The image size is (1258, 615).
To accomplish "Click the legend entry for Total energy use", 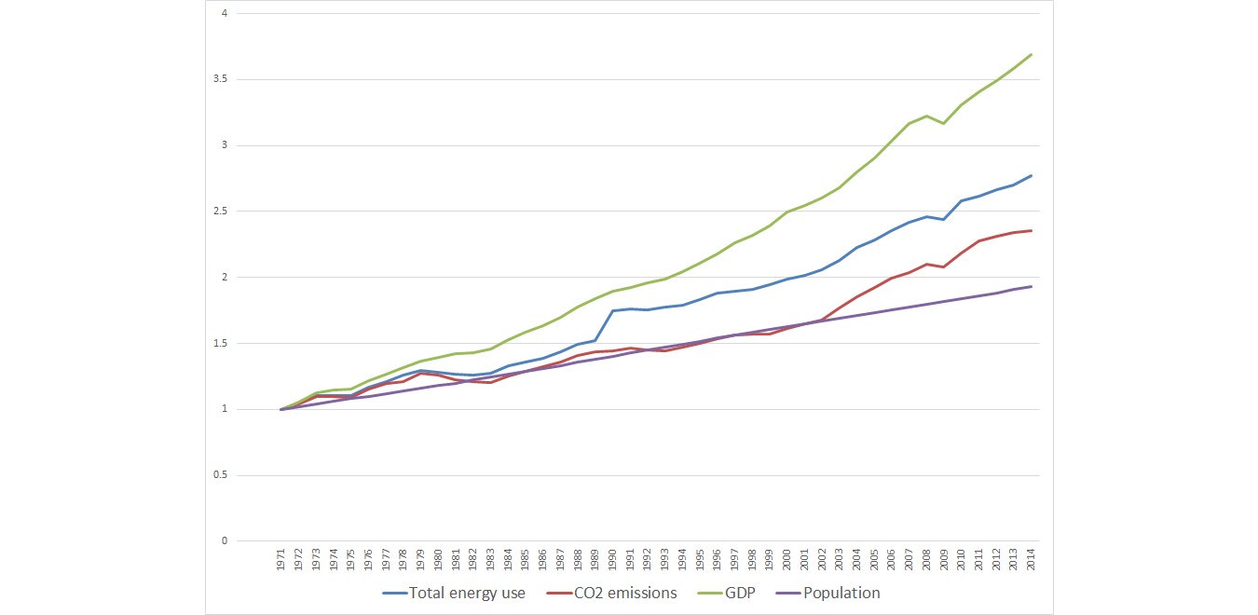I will [467, 593].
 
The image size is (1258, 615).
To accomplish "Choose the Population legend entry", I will [841, 593].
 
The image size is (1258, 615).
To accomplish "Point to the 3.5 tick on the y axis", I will [219, 80].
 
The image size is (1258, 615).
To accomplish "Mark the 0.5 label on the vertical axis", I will [219, 476].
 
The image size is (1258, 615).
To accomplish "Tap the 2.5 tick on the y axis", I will [219, 212].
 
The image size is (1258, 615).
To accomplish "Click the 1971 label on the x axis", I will [281, 560].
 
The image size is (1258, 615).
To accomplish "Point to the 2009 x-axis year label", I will [944, 560].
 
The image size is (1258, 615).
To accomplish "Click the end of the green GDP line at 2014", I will [1032, 54].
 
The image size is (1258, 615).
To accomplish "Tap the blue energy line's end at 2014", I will [1032, 175].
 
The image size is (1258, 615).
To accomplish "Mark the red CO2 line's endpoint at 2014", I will [1032, 230].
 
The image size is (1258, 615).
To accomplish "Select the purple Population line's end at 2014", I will [1032, 286].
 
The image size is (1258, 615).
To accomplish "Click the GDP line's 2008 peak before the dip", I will [926, 116].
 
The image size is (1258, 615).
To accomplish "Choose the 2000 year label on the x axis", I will [787, 560].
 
